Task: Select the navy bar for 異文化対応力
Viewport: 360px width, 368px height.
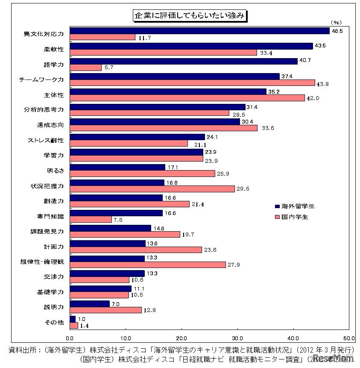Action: click(199, 31)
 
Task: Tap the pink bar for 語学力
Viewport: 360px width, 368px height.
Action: click(85, 68)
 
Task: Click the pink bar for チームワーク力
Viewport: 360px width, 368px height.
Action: click(192, 82)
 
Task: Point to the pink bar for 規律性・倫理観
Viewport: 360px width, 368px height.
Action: click(147, 265)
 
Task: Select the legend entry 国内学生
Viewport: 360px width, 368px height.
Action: click(291, 217)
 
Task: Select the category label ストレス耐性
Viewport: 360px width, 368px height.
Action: click(46, 140)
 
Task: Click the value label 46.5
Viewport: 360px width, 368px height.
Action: click(337, 31)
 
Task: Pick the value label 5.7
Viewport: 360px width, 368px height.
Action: click(108, 68)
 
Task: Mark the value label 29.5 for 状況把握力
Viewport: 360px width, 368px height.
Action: click(242, 189)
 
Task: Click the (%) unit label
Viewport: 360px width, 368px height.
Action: click(336, 22)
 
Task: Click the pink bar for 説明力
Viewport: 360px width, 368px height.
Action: click(105, 310)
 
